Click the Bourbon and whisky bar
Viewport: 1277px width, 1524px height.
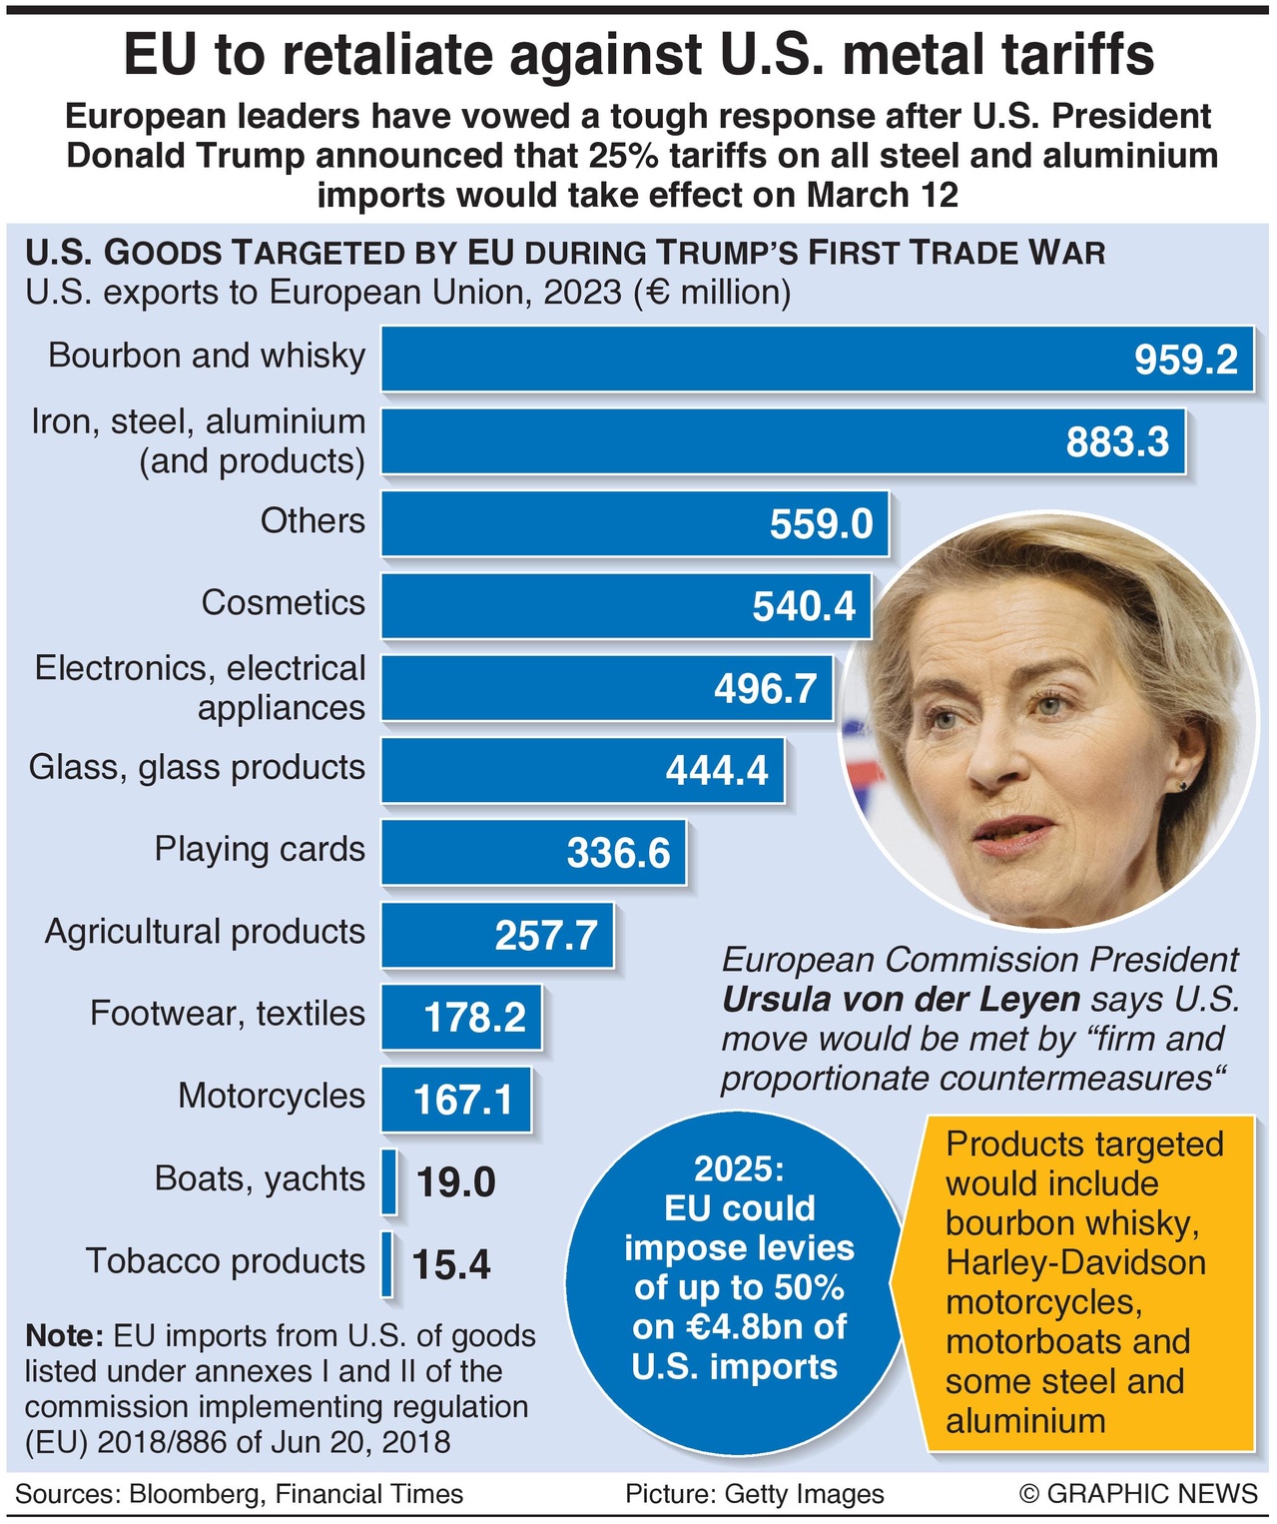pyautogui.click(x=817, y=359)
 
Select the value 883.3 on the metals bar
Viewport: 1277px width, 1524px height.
pyautogui.click(x=1116, y=441)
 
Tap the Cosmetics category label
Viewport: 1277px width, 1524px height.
pyautogui.click(x=284, y=603)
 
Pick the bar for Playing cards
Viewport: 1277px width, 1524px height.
pyautogui.click(x=533, y=853)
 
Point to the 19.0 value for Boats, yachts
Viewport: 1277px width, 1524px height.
pyautogui.click(x=455, y=1182)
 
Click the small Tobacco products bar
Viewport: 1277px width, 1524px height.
pyautogui.click(x=386, y=1264)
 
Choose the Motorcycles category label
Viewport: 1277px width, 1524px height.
pyautogui.click(x=272, y=1096)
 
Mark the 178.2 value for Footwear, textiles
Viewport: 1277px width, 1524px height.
pyautogui.click(x=474, y=1018)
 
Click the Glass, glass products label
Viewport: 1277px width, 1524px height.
pyautogui.click(x=197, y=767)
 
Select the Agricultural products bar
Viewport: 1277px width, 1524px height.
pyautogui.click(x=497, y=936)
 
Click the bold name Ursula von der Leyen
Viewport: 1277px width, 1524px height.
pyautogui.click(x=901, y=1000)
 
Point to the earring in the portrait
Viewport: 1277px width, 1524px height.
pyautogui.click(x=1183, y=785)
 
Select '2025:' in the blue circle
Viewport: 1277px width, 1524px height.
pyautogui.click(x=739, y=1168)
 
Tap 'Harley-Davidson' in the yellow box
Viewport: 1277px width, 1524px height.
pyautogui.click(x=1075, y=1263)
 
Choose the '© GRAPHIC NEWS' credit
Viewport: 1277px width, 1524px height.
pyautogui.click(x=1138, y=1494)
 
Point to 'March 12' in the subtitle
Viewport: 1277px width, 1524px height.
pyautogui.click(x=883, y=195)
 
